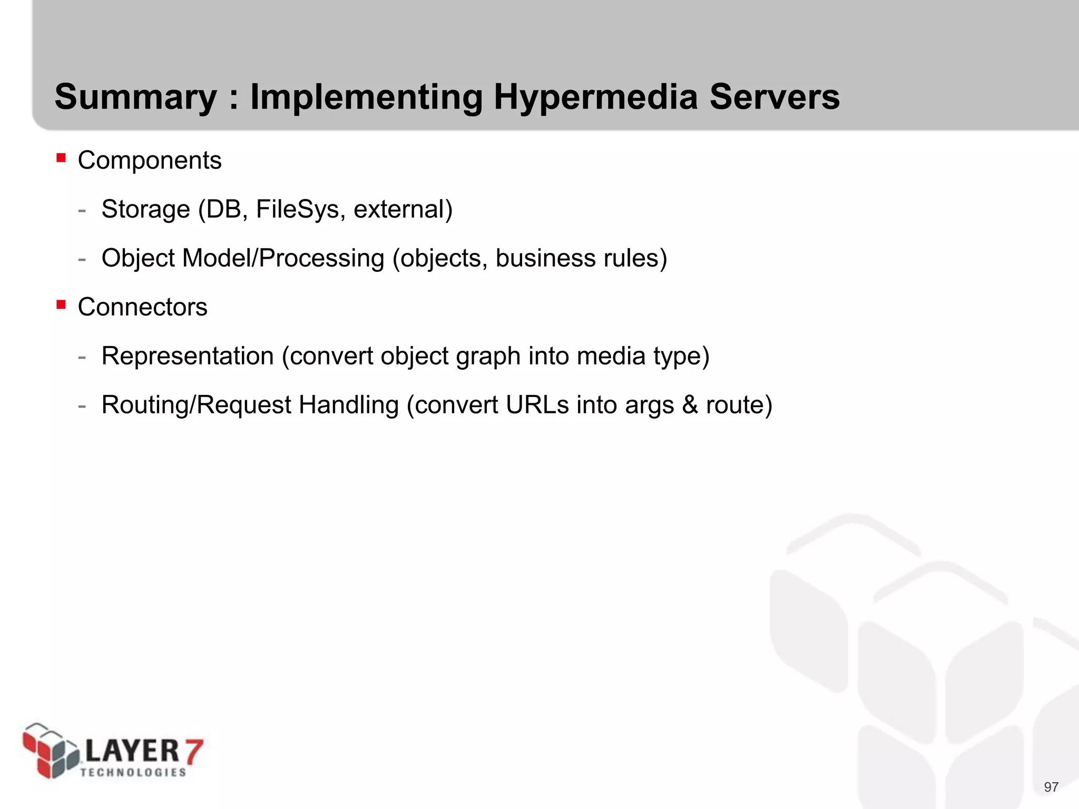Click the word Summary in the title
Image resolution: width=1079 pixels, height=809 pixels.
135,97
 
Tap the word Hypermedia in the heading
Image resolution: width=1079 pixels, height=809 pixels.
595,97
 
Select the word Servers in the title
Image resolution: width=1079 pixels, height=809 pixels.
774,97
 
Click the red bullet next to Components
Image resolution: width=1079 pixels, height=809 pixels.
61,157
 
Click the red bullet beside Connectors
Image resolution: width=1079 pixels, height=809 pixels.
61,304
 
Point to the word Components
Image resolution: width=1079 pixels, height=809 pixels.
150,160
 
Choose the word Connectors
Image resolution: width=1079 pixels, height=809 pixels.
142,307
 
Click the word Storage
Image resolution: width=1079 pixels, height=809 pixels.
145,209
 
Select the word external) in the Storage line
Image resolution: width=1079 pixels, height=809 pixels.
403,209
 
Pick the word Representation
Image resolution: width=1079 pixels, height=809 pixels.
188,356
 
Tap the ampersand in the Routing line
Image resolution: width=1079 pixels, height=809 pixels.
690,405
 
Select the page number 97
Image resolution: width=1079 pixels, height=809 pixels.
1051,787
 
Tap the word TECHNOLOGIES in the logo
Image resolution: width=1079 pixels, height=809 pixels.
133,773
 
